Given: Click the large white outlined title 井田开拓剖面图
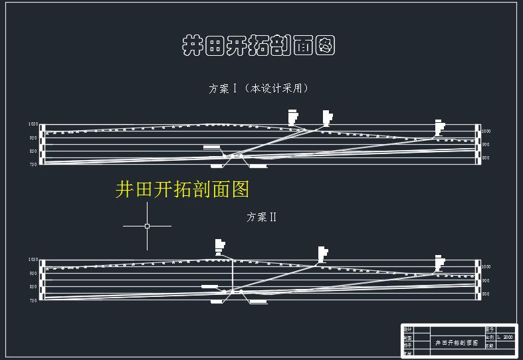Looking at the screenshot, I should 258,46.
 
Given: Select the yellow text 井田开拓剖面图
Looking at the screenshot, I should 182,189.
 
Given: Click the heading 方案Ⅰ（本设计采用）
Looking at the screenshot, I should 259,88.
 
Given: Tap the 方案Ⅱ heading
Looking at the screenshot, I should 261,217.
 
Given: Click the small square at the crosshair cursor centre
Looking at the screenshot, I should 147,226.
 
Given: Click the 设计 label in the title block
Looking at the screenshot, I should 408,329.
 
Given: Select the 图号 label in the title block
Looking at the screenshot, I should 490,329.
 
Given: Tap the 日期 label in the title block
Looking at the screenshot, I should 490,345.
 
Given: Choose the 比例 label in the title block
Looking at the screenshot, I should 490,337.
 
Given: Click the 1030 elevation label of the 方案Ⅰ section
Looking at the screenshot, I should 33,124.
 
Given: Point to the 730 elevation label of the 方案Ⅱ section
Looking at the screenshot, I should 33,300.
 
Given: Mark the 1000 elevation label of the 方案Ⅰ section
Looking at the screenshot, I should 486,132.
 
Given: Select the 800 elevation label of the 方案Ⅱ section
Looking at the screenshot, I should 486,294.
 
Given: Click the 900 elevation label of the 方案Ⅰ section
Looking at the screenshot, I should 486,145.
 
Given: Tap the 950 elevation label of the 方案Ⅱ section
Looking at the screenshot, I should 33,273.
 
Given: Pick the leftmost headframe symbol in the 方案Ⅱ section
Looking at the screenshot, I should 220,246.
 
